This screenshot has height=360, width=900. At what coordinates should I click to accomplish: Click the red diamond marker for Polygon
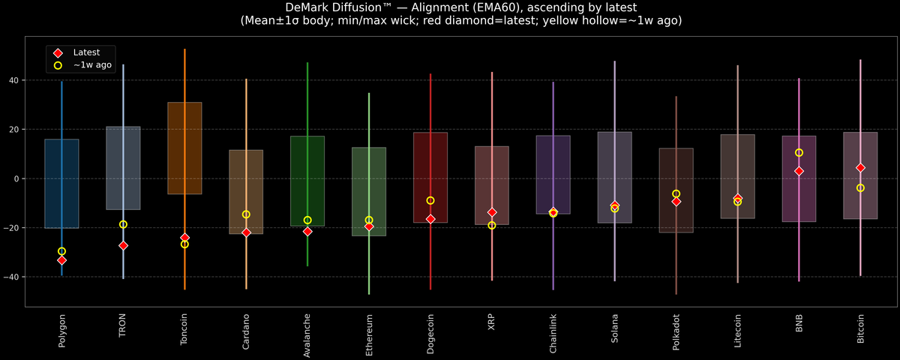click(x=61, y=260)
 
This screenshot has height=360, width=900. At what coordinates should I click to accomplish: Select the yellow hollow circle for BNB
click(x=799, y=153)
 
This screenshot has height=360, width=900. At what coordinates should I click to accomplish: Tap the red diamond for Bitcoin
click(x=860, y=168)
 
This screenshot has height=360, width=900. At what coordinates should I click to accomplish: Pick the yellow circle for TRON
click(x=123, y=224)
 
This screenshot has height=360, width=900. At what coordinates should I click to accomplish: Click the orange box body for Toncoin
click(x=184, y=148)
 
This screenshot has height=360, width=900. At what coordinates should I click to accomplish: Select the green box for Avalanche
click(x=307, y=181)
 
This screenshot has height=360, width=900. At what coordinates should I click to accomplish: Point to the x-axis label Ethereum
click(x=369, y=334)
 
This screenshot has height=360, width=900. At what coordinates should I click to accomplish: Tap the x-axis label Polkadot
click(x=676, y=334)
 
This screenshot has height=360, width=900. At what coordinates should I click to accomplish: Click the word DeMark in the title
click(x=309, y=7)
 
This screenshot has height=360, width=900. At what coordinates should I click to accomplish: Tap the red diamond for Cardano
click(x=246, y=232)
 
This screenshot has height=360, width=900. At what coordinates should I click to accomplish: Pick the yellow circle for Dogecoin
click(x=430, y=201)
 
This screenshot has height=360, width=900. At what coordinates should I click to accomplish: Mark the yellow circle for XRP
click(x=492, y=225)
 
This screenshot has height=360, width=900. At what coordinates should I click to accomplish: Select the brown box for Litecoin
click(x=737, y=176)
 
